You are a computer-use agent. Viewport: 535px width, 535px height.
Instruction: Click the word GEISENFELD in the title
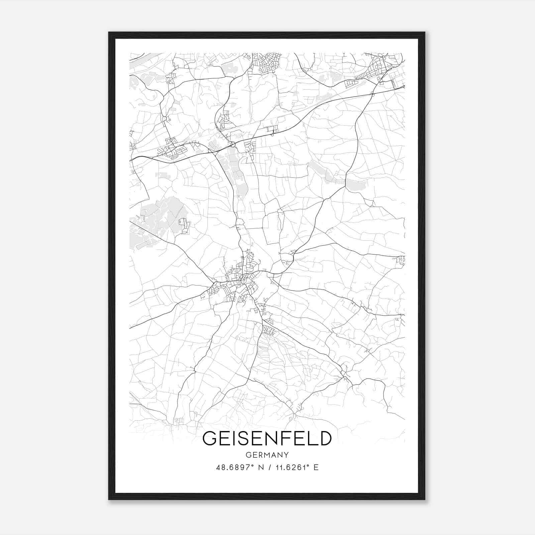tap(267, 438)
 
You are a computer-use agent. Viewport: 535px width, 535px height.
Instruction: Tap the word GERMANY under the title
tap(267, 455)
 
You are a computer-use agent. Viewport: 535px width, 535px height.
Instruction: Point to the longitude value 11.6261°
tap(291, 467)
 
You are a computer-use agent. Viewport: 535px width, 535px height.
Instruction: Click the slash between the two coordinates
tap(269, 467)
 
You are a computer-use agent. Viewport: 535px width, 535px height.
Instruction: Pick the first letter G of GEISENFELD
tap(210, 438)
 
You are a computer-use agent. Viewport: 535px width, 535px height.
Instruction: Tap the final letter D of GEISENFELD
tap(324, 438)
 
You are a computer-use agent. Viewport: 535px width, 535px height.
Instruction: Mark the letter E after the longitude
tap(316, 467)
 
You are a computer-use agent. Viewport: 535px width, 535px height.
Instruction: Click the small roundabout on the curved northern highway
tap(232, 145)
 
